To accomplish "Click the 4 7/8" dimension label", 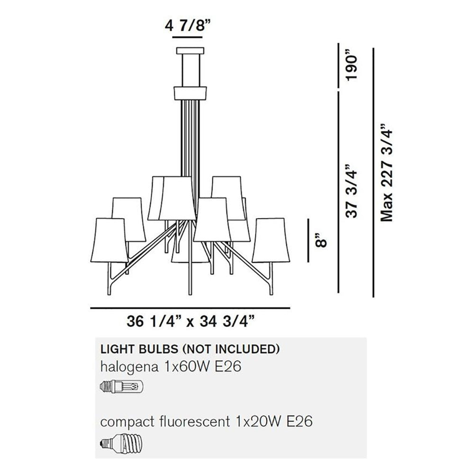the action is (x=187, y=26).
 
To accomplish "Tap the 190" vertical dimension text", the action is (x=352, y=67).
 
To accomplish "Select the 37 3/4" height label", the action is (x=352, y=191).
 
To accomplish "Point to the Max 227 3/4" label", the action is (x=387, y=173).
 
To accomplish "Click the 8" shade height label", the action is (x=320, y=240).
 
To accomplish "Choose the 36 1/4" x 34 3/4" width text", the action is (x=190, y=321).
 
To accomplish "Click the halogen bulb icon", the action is (x=121, y=386).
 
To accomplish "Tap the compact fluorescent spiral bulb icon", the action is (x=121, y=443).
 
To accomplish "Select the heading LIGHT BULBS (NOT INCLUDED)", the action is (x=190, y=349).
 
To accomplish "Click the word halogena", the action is (x=129, y=367).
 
